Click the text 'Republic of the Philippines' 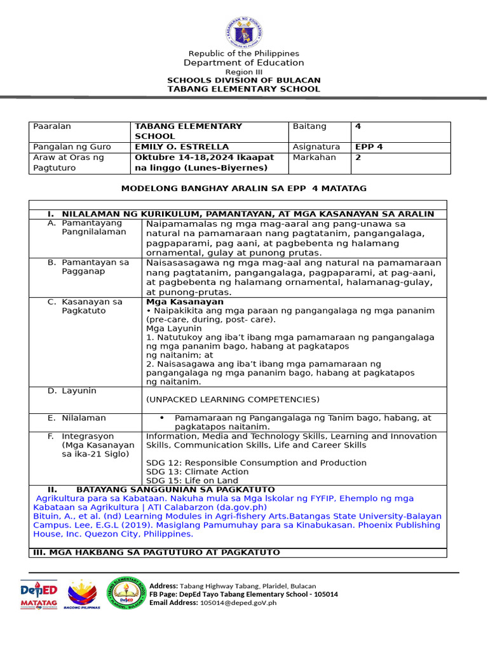(243, 54)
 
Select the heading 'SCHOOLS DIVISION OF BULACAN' (243, 81)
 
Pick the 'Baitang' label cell (309, 126)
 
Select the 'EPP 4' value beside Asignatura (369, 147)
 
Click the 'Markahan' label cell (314, 157)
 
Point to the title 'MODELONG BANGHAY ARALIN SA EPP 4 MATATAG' (243, 189)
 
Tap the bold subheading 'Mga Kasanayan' (185, 302)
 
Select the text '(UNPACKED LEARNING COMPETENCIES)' (233, 399)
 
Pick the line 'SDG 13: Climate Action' (197, 472)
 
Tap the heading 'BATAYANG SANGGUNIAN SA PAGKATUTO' (175, 489)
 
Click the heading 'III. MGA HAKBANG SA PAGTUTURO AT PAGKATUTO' (156, 552)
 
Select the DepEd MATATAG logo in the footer (39, 595)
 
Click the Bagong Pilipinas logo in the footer (82, 595)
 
